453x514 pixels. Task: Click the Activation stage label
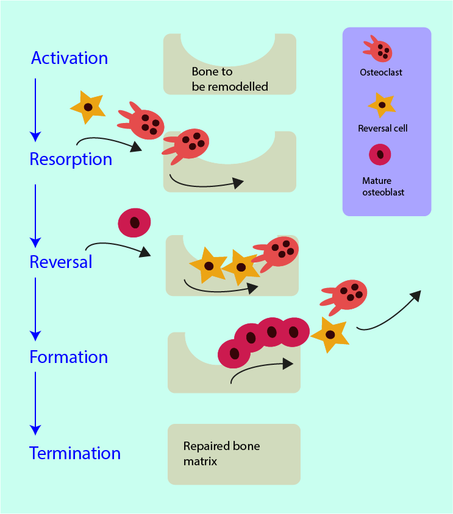pyautogui.click(x=70, y=58)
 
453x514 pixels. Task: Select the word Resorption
pyautogui.click(x=71, y=160)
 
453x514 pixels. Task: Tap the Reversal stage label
pyautogui.click(x=61, y=262)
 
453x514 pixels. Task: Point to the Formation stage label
pyautogui.click(x=68, y=357)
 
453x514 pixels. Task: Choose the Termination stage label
pyautogui.click(x=75, y=453)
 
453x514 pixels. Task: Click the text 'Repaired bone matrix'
pyautogui.click(x=221, y=454)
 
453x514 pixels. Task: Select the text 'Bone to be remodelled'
pyautogui.click(x=229, y=79)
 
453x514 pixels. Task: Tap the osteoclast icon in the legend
pyautogui.click(x=378, y=49)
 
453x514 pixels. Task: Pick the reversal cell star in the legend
pyautogui.click(x=382, y=105)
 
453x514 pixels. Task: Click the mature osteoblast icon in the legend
pyautogui.click(x=380, y=155)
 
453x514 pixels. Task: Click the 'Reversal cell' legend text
pyautogui.click(x=383, y=128)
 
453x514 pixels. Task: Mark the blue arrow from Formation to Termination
pyautogui.click(x=35, y=402)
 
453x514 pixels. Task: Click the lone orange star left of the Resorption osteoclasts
pyautogui.click(x=88, y=107)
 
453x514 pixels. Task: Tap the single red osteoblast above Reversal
pyautogui.click(x=134, y=222)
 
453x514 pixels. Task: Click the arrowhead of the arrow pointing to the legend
pyautogui.click(x=416, y=295)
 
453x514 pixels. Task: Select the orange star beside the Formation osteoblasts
pyautogui.click(x=330, y=335)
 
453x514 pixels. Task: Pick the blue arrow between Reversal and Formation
pyautogui.click(x=35, y=308)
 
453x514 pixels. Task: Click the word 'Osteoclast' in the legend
pyautogui.click(x=381, y=72)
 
